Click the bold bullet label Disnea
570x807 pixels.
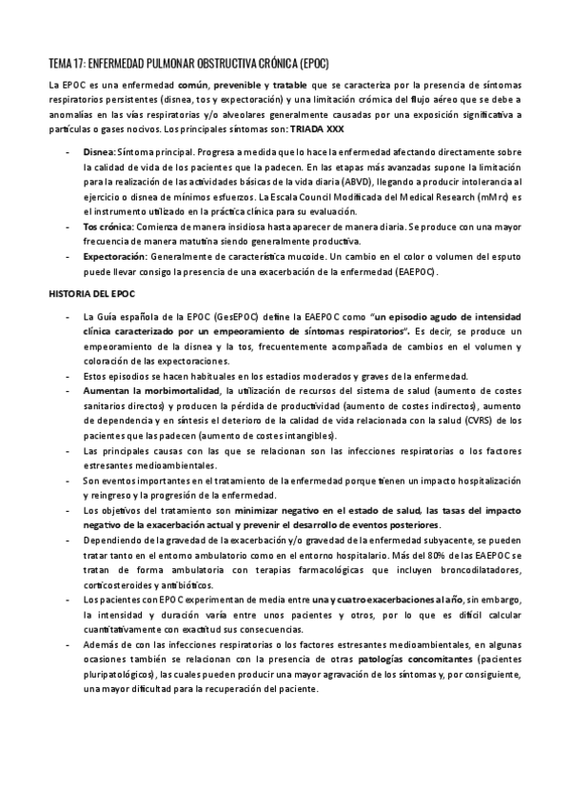[x=99, y=150]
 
